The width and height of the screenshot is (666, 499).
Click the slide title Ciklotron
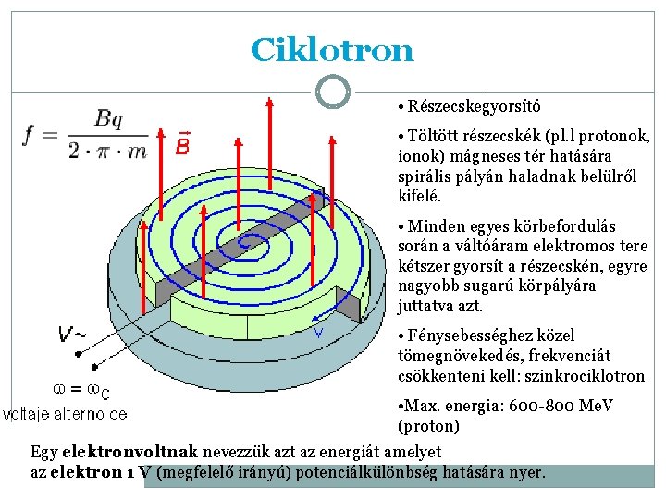(x=332, y=50)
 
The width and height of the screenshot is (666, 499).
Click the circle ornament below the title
(x=332, y=91)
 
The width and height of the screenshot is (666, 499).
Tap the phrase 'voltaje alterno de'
(x=65, y=413)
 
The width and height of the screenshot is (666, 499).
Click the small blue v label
(x=318, y=333)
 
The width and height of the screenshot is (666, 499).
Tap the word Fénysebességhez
(x=469, y=335)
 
